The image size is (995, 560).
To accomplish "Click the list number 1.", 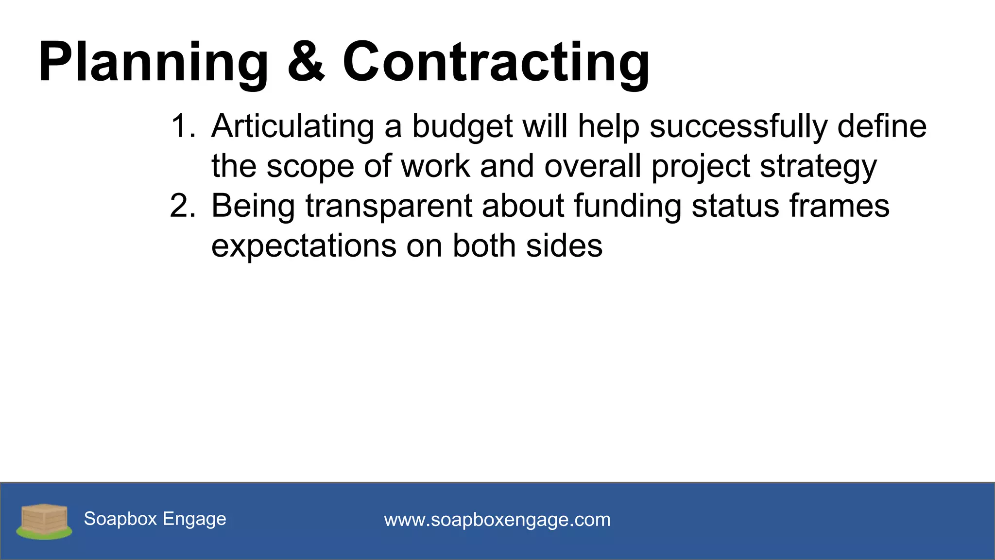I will (x=182, y=126).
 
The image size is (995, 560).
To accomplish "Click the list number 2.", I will (x=182, y=206).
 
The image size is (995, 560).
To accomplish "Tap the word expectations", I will (x=304, y=246).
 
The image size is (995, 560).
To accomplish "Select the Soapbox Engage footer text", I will (x=155, y=519).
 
